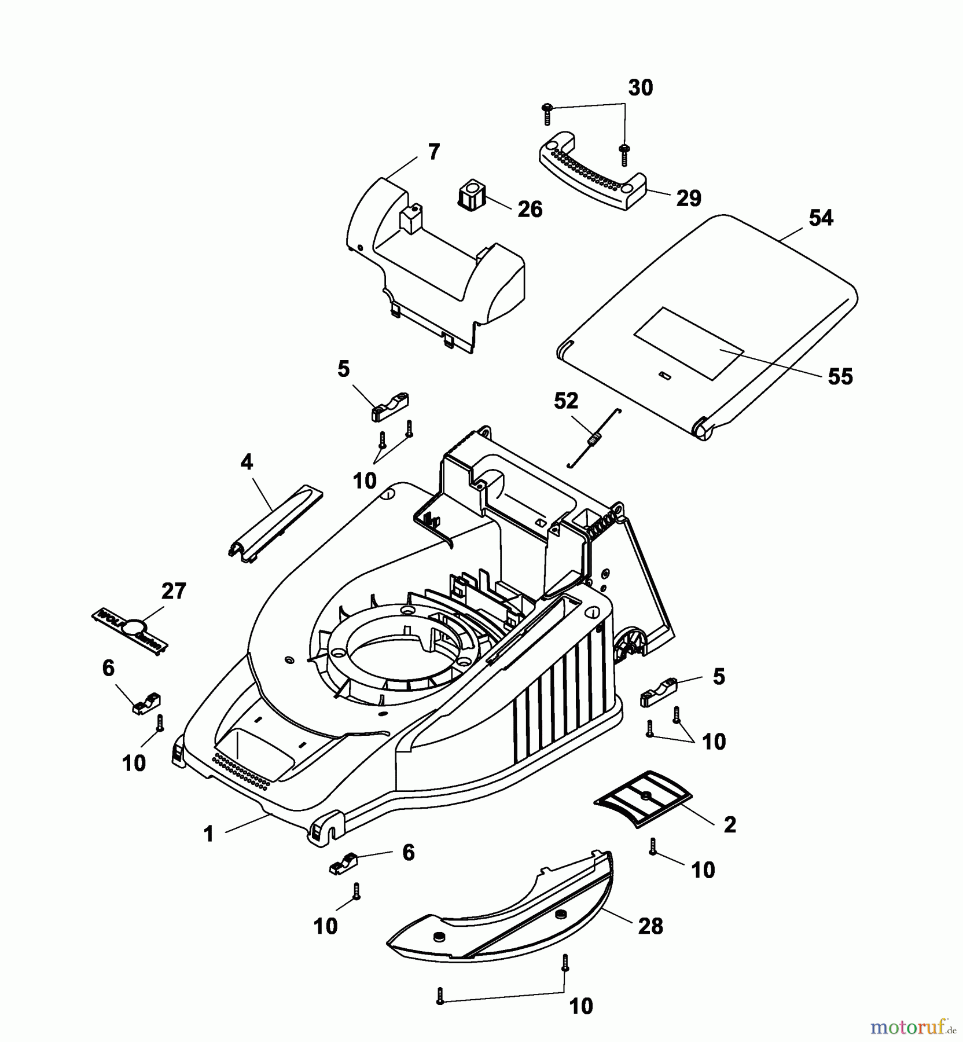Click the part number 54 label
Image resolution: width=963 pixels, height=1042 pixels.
821,219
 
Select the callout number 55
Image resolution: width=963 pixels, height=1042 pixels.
840,377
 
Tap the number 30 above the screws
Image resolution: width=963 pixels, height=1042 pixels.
640,88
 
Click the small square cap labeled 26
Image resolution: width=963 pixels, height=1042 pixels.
473,193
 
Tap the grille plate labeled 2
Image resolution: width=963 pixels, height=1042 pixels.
644,798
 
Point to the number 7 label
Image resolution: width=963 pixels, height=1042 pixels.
433,153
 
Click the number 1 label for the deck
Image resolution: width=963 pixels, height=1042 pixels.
209,834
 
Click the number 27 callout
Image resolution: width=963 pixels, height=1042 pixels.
173,592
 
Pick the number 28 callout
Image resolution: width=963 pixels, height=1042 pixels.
650,926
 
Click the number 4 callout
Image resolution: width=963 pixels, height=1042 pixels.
247,463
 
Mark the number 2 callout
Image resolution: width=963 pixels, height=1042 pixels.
729,825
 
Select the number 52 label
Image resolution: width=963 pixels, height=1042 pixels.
565,401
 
